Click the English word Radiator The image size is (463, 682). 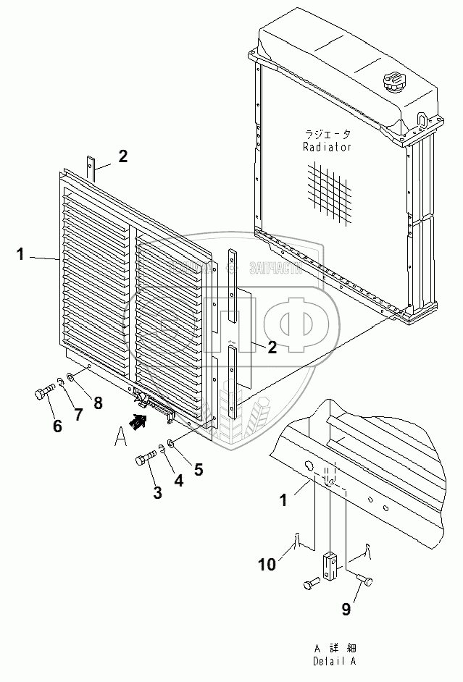tap(328, 146)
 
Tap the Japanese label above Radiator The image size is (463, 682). tap(328, 135)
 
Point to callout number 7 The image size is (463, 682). tap(78, 414)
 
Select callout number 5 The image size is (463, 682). tap(199, 469)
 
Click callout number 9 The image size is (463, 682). tap(346, 610)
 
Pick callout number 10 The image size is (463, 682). tap(267, 564)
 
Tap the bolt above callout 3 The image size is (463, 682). tap(145, 458)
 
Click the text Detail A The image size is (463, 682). tap(334, 661)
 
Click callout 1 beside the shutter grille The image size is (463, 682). tap(21, 254)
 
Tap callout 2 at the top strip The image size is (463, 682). tap(123, 155)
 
